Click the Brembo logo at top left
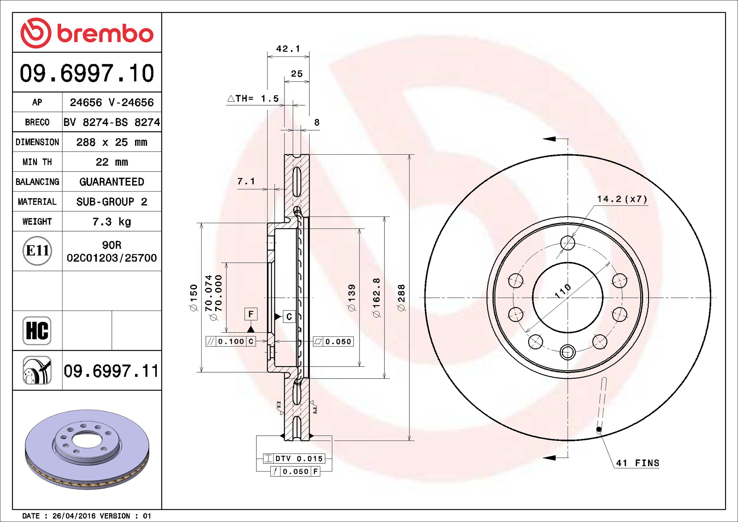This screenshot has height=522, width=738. coord(87,33)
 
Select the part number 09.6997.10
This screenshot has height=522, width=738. coord(87,73)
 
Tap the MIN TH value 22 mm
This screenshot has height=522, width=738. coord(112,162)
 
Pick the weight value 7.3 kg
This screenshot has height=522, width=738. coord(112,221)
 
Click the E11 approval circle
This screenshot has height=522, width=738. coord(37,250)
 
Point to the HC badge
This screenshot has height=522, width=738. coord(37,330)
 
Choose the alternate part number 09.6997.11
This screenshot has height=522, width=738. coord(111,371)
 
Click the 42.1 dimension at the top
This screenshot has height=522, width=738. coord(288,48)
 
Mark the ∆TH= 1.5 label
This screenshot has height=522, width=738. coord(253,99)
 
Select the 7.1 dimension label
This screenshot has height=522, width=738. coord(246,181)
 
